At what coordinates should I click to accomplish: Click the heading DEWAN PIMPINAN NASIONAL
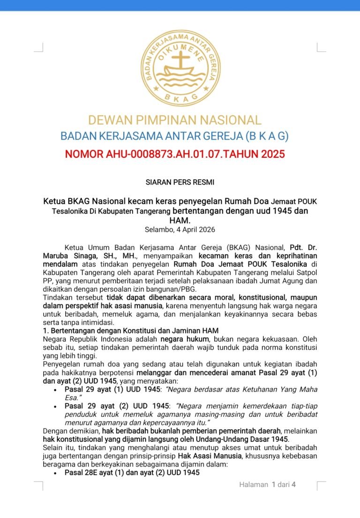175,120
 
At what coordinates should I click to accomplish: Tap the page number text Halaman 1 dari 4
268,485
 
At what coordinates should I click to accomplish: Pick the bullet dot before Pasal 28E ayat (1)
55,473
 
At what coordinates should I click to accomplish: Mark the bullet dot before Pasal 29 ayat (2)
55,406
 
